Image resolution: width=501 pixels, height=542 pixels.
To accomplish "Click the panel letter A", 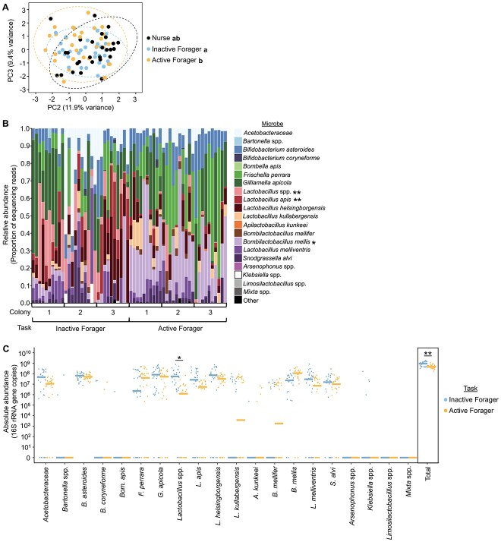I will tap(7, 7).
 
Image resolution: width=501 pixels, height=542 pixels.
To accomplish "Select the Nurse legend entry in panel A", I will tap(165, 36).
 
